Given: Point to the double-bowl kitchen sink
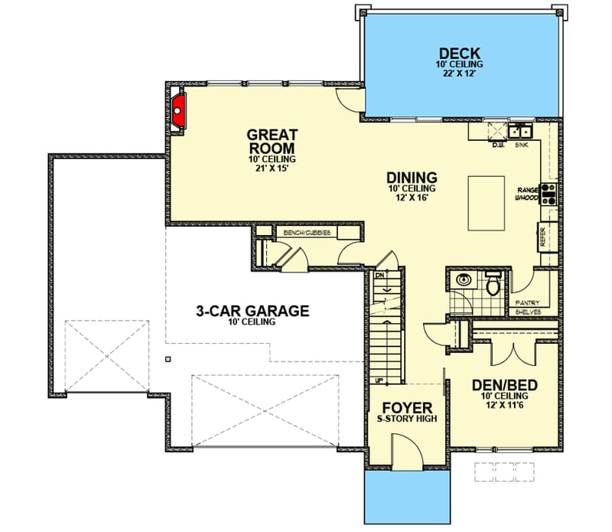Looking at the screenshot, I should coord(521,129).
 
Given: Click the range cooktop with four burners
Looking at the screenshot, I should coord(548,195).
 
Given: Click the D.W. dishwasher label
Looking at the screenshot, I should coord(498,144).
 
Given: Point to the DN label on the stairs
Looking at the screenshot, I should coord(379,274).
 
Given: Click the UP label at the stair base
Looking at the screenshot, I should coord(378,380).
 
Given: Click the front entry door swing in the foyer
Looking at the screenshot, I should coord(403,452).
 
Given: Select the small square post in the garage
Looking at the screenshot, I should coord(168,357).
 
